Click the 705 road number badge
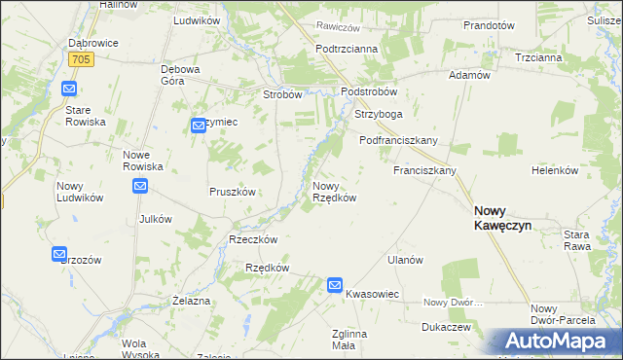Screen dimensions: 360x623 point(81,59)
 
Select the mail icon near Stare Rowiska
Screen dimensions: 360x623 point(69,90)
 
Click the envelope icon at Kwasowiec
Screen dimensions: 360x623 point(334,285)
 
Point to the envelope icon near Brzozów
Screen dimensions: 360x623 point(59,254)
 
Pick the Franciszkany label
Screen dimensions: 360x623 point(424,170)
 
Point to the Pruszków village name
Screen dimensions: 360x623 point(233,192)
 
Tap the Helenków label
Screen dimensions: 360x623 point(555,170)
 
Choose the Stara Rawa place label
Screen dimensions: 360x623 point(584,239)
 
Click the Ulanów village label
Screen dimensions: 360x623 point(405,260)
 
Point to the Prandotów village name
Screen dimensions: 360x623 point(489,25)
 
